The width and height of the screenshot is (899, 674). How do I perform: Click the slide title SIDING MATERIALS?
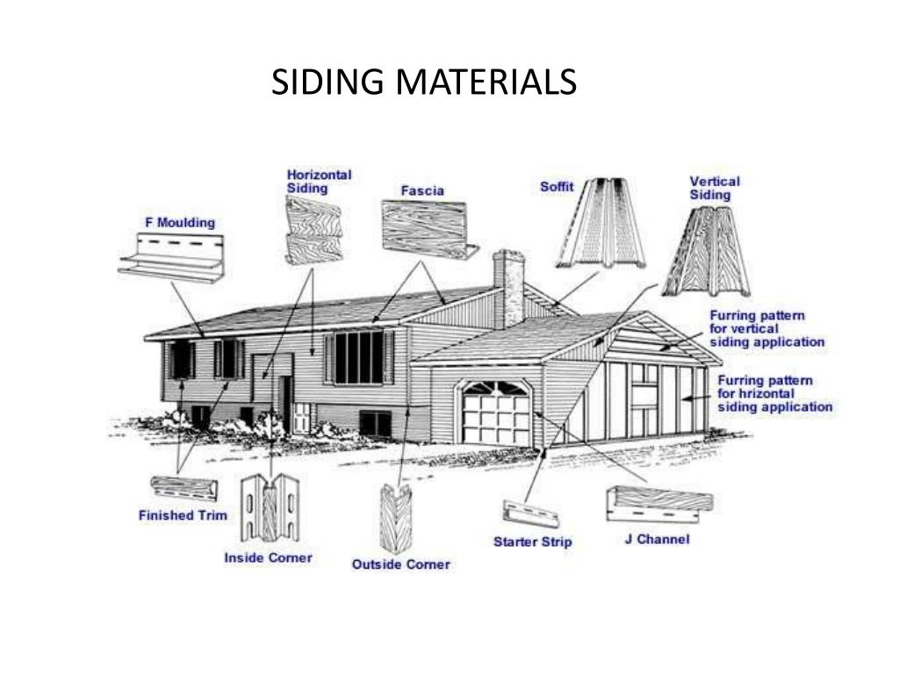[424, 82]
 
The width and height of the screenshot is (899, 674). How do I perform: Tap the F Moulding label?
[180, 223]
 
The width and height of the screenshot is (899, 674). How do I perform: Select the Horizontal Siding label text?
[319, 182]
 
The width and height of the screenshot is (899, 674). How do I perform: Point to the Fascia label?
[422, 190]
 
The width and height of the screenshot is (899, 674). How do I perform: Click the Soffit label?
[557, 187]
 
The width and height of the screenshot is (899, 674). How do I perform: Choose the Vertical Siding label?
[714, 188]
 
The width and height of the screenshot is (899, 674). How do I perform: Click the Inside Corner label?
[268, 557]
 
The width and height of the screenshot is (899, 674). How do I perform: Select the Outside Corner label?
[400, 564]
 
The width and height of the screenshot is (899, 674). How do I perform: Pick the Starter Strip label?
[532, 541]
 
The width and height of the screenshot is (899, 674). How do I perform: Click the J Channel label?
[657, 539]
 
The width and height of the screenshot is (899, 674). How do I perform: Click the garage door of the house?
[496, 412]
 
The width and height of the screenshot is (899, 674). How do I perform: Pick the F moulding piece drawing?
[171, 256]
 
